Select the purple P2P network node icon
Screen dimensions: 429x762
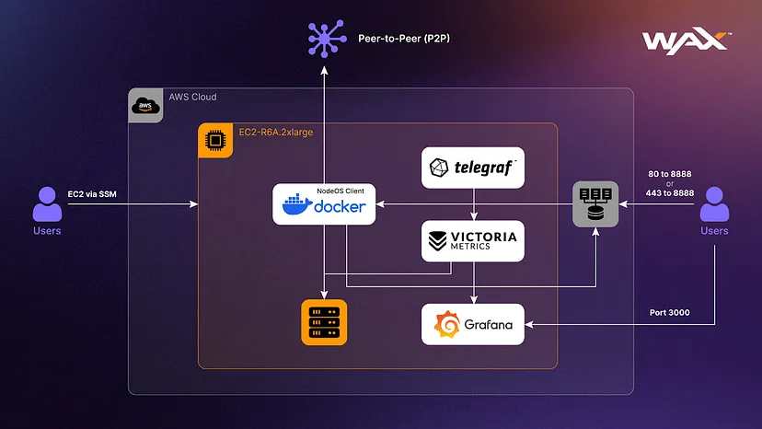tap(324, 40)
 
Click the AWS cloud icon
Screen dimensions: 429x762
tap(144, 105)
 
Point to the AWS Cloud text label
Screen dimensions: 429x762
tap(192, 97)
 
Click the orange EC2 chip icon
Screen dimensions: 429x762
tap(215, 140)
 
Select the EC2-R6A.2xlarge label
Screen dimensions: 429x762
tap(277, 133)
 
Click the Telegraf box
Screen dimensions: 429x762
tap(472, 168)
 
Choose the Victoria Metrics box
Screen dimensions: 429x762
tap(472, 240)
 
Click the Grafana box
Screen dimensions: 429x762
tap(472, 324)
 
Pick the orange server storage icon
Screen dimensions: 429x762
tap(324, 323)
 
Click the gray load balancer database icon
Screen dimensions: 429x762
tap(595, 203)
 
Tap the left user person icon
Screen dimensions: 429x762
tap(47, 203)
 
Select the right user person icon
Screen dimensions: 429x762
tap(714, 203)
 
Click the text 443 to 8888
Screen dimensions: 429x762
tap(670, 194)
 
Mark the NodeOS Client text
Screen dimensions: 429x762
tap(341, 190)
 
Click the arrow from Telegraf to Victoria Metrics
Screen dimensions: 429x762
tap(473, 204)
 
